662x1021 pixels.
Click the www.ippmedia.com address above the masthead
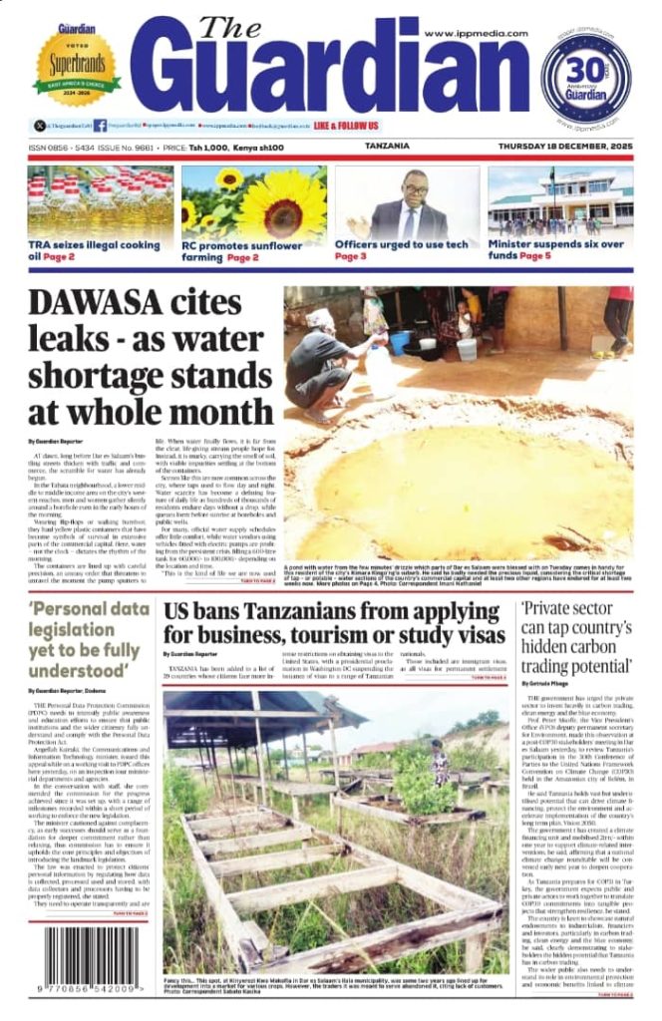coord(475,33)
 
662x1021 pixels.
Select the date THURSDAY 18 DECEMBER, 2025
coord(565,147)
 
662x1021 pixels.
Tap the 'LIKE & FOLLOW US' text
coord(345,127)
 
